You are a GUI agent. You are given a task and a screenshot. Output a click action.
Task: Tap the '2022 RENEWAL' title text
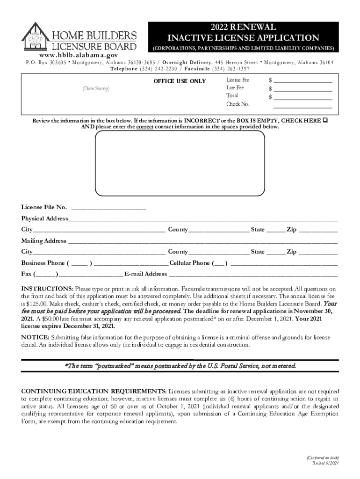click(x=243, y=27)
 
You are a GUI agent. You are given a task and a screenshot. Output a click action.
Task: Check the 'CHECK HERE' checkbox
click(x=325, y=121)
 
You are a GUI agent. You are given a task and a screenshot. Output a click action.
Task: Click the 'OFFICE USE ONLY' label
click(x=180, y=81)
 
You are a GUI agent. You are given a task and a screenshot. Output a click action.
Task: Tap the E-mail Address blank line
click(x=252, y=274)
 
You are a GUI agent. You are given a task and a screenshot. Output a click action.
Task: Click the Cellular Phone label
click(x=189, y=263)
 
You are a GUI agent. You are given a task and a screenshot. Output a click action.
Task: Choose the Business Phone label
click(x=43, y=263)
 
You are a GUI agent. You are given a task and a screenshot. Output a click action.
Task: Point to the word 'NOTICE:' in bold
click(x=35, y=337)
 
